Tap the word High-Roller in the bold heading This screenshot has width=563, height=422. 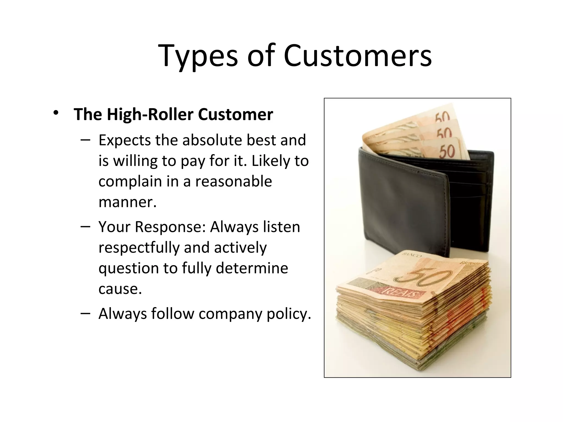150,114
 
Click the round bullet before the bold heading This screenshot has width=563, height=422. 56,113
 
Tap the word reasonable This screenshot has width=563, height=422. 234,181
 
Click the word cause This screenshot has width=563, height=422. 120,289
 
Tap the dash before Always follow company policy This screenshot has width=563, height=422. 85,313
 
